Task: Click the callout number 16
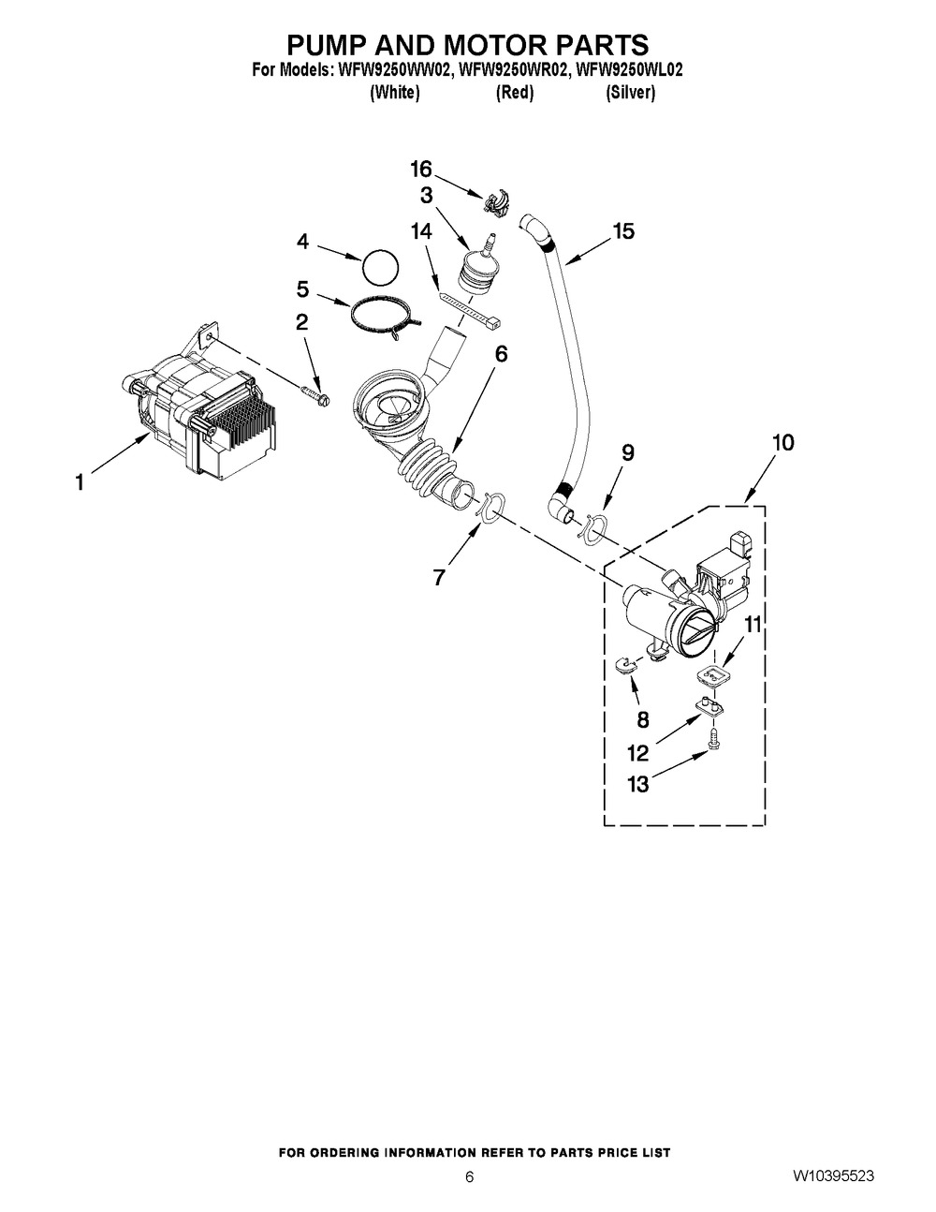point(421,169)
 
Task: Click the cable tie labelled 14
point(470,309)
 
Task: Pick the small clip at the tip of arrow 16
point(496,202)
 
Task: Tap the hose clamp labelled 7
point(490,507)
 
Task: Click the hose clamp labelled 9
point(592,527)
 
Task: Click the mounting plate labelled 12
point(709,707)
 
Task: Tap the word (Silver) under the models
point(630,93)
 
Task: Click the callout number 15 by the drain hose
point(623,231)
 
